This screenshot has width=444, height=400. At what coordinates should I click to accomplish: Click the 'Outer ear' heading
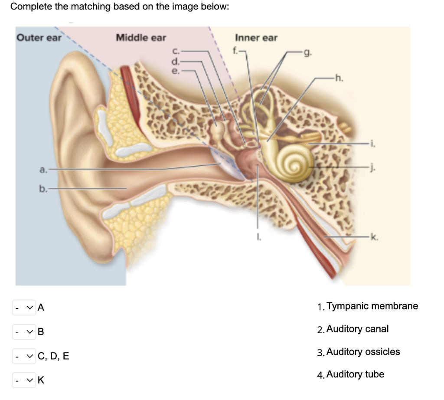click(39, 38)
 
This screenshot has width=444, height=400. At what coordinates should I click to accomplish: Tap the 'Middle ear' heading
click(141, 38)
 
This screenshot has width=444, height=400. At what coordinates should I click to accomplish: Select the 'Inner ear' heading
click(256, 38)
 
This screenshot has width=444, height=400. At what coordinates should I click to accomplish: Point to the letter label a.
click(41, 170)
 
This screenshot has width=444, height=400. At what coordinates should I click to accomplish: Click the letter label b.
click(42, 189)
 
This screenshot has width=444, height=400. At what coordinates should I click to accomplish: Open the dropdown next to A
click(23, 308)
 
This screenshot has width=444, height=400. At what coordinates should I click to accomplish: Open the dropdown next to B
click(23, 332)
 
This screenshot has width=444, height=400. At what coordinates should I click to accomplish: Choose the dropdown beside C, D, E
click(23, 357)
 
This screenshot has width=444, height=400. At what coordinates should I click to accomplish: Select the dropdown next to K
click(23, 380)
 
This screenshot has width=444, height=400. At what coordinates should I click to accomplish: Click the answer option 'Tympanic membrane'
click(372, 306)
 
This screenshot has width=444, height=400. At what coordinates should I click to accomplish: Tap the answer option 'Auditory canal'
click(357, 329)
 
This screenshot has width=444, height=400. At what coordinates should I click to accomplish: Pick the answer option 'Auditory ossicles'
click(363, 352)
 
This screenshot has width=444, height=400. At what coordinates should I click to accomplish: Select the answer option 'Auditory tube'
click(355, 374)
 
